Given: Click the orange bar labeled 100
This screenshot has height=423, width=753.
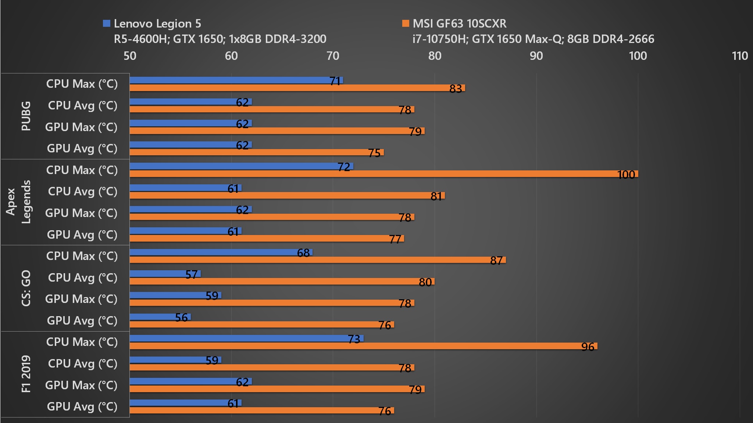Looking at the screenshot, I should [x=383, y=174].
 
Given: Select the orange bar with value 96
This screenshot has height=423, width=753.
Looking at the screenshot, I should [x=363, y=346].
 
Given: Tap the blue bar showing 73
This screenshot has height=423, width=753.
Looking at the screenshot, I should [x=246, y=338].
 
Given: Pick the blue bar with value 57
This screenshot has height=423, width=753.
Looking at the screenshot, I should [x=165, y=274].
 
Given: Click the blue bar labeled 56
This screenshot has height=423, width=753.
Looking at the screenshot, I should [x=160, y=317].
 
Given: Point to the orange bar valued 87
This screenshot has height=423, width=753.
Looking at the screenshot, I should [x=318, y=260].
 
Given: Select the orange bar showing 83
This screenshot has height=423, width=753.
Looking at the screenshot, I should [x=297, y=88].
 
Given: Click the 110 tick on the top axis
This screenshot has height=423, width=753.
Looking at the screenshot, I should [x=739, y=56].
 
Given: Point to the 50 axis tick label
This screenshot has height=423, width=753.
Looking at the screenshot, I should [x=130, y=56].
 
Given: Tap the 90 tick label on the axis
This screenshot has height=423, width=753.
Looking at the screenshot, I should [x=536, y=56].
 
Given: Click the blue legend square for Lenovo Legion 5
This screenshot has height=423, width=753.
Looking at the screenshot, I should [x=107, y=23].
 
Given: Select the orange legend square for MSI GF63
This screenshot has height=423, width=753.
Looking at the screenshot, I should [x=406, y=23].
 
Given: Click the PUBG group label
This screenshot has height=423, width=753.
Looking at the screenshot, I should [x=26, y=116].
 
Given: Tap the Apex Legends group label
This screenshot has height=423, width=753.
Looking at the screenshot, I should [x=18, y=202].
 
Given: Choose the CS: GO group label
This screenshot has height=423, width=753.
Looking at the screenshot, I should [x=26, y=288].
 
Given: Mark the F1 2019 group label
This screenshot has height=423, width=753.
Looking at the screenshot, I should [x=26, y=374].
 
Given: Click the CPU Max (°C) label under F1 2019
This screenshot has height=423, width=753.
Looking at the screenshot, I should [x=82, y=342].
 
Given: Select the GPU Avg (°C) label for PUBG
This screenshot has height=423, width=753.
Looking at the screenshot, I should [x=82, y=148].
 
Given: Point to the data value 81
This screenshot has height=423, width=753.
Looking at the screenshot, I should [x=436, y=196].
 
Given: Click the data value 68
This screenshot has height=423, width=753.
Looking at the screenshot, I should [x=303, y=253].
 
